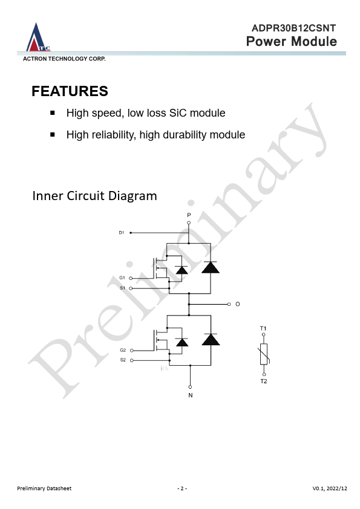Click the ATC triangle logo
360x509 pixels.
pos(38,37)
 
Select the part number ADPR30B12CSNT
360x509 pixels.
pos(293,28)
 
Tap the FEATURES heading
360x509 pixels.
pos(70,91)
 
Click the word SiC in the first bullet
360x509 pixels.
pos(178,113)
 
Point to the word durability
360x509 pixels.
pos(185,135)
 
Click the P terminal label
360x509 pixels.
pos(189,215)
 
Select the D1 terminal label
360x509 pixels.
pos(122,233)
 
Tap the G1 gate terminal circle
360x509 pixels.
pos(131,278)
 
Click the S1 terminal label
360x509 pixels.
pos(122,288)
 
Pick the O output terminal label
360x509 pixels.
pos(238,304)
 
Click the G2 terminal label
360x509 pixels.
pos(123,350)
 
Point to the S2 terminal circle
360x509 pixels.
pos(132,360)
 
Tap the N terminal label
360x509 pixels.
pos(191,395)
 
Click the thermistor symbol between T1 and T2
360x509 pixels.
pos(264,354)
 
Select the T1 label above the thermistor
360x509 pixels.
pos(263,328)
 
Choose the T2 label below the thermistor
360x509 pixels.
pos(264,381)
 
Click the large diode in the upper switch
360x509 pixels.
pos(210,267)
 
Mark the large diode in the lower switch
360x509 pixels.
pos(211,339)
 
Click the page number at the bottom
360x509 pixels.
pos(182,488)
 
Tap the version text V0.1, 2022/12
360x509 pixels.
pos(330,488)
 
